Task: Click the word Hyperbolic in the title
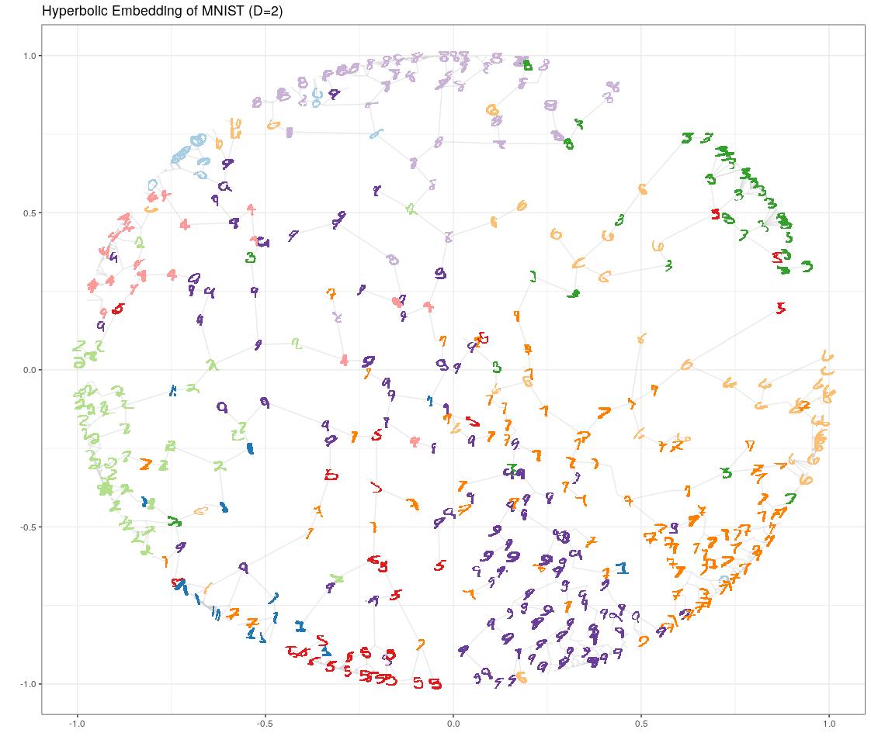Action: [x=71, y=11]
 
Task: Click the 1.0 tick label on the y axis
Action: [x=30, y=56]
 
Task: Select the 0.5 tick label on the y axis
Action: [x=30, y=213]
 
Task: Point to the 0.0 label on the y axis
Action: [x=30, y=370]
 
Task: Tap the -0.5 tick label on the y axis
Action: [x=29, y=527]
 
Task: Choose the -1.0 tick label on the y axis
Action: [x=29, y=684]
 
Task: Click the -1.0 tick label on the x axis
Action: [x=76, y=724]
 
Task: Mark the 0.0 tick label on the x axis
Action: [x=453, y=724]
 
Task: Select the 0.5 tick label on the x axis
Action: [x=641, y=724]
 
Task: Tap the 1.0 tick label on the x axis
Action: [x=829, y=724]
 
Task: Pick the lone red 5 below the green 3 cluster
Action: [x=780, y=309]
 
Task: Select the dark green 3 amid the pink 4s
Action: [x=251, y=257]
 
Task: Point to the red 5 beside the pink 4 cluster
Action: [x=117, y=309]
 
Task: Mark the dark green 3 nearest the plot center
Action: [x=497, y=368]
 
